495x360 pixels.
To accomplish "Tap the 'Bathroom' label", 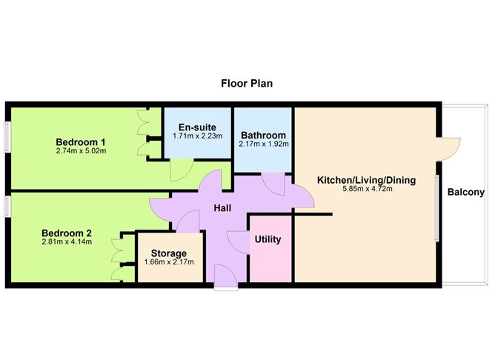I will (263, 136).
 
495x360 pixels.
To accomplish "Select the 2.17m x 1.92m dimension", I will (263, 145).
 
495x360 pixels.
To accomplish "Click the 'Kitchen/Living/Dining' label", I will (366, 180).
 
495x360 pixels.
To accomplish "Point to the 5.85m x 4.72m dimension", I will (366, 190).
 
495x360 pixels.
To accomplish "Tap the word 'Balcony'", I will (465, 193).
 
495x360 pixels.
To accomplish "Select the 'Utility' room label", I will (267, 240).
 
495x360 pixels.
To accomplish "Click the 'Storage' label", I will (169, 253).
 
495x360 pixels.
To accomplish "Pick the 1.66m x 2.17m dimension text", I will (169, 262).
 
